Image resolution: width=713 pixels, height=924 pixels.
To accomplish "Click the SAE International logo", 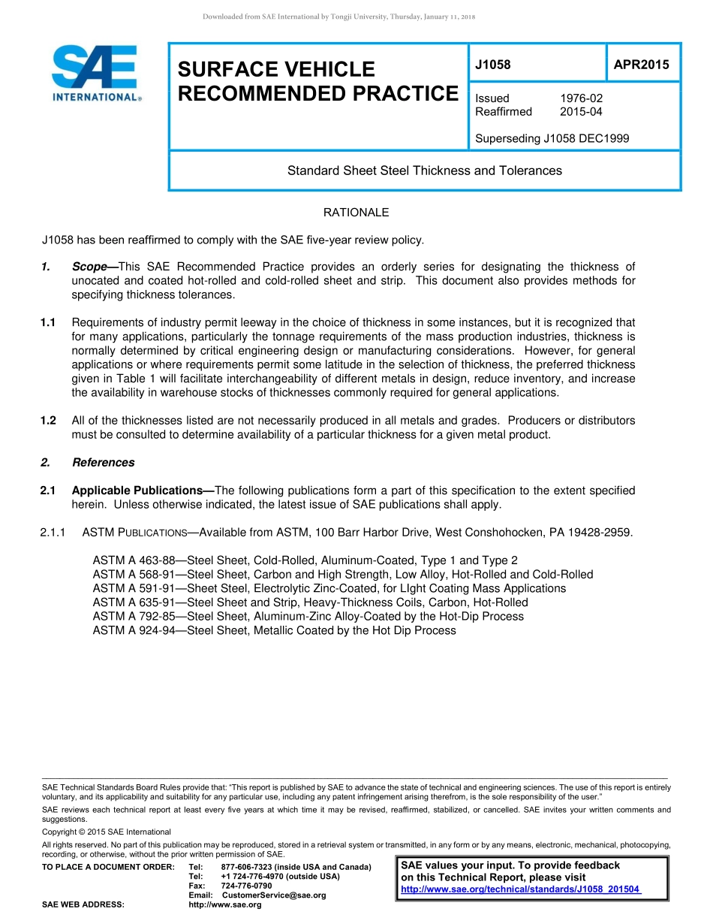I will point(95,73).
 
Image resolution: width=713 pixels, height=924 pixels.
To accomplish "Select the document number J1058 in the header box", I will point(493,65).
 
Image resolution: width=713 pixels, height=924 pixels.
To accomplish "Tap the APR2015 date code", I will point(641,65).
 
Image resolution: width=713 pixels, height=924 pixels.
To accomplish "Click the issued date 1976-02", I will point(581,98).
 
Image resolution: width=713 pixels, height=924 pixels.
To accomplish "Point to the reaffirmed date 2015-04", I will point(581,112).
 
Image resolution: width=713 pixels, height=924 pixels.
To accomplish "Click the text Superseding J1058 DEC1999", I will point(552,138).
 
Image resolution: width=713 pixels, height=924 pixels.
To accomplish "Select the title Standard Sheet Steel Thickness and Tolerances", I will point(424,171).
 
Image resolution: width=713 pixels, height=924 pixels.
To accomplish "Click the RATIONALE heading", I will point(356,213).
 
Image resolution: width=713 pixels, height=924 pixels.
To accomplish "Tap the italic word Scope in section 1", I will point(89,267).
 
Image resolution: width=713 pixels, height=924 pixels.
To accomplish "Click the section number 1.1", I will point(48,323).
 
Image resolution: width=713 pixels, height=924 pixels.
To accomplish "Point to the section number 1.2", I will point(48,421).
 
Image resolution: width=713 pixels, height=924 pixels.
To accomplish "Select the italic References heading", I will point(104,463).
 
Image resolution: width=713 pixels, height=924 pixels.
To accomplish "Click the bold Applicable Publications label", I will point(140,491).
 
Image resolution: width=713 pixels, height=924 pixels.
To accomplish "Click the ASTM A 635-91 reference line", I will point(310,602).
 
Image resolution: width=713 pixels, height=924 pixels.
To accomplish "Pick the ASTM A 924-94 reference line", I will point(274,630).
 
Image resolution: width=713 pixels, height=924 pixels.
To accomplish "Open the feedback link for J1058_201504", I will point(520,889).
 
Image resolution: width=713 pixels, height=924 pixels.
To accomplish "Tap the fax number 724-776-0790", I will point(246,886).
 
